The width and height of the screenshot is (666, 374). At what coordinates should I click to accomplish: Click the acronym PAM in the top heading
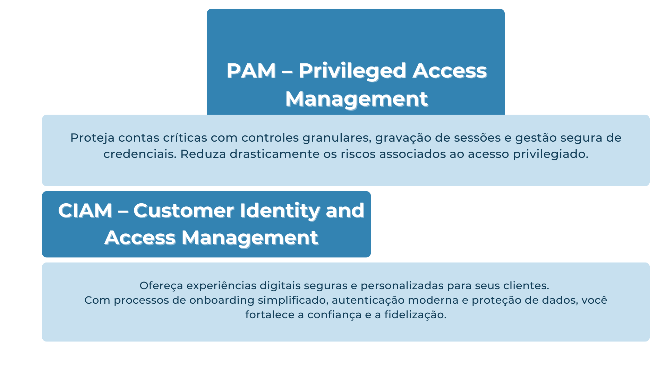(x=251, y=71)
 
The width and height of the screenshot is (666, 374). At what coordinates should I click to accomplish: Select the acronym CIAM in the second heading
(x=85, y=211)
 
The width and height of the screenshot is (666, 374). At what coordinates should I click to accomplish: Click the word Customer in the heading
(x=184, y=211)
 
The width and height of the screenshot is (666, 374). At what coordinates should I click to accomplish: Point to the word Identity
(x=280, y=211)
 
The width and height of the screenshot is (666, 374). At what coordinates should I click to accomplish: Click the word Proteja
(x=92, y=138)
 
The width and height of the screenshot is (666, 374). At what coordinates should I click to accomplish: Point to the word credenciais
(x=140, y=154)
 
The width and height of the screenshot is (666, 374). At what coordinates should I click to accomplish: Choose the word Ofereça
(x=161, y=286)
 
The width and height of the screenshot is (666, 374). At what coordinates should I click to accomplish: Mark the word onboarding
(x=222, y=301)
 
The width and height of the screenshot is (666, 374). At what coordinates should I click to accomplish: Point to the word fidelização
(x=415, y=315)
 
